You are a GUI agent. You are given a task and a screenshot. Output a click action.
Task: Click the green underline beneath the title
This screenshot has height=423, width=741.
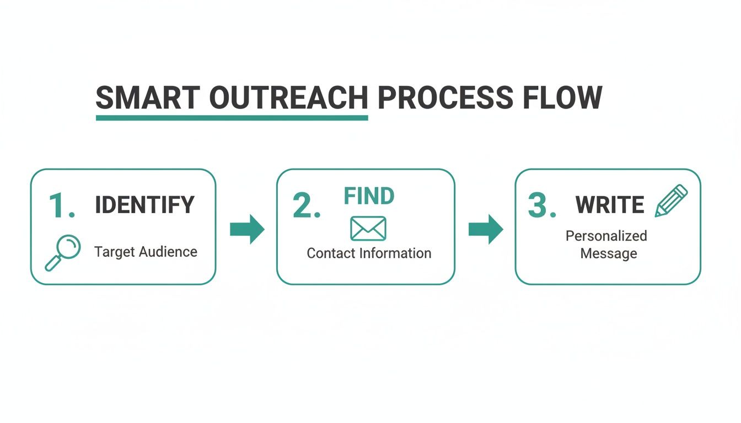click(x=232, y=117)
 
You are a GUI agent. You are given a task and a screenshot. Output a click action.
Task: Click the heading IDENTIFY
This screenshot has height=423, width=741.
click(x=144, y=205)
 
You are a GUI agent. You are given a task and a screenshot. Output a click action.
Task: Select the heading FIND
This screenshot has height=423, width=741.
click(x=369, y=196)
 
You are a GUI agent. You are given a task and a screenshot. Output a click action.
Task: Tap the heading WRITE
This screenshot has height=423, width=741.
click(x=610, y=205)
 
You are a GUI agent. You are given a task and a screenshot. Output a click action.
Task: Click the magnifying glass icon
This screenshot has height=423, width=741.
click(x=62, y=252)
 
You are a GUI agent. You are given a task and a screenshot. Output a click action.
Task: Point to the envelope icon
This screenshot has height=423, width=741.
click(x=368, y=228)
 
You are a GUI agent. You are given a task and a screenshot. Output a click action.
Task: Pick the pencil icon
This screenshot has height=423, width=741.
click(x=672, y=200)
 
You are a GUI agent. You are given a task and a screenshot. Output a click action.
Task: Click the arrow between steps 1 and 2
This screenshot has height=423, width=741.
click(x=247, y=229)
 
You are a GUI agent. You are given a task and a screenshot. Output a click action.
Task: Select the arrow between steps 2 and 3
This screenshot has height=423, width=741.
click(x=486, y=229)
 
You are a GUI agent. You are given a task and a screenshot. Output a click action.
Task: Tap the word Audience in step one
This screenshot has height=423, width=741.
click(x=168, y=252)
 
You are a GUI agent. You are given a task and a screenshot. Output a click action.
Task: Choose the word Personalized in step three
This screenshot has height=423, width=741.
click(x=606, y=236)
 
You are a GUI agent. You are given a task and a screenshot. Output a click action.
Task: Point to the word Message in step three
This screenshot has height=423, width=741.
click(x=608, y=254)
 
